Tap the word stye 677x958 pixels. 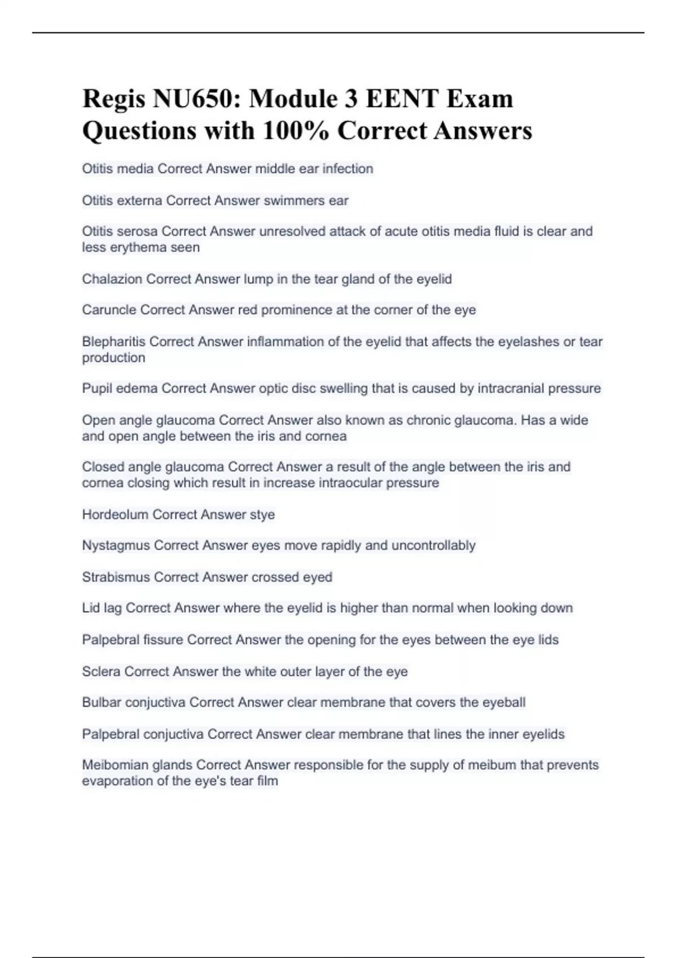point(262,515)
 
